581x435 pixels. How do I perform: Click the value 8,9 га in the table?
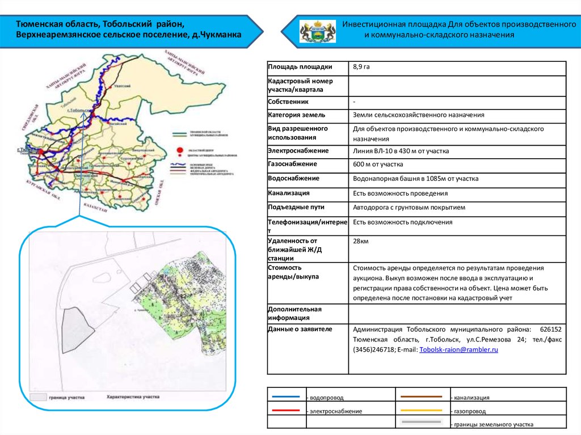tap(361, 67)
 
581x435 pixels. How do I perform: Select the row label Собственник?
tap(289, 102)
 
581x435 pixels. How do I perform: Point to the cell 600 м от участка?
tap(378, 164)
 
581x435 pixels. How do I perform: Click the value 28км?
tap(361, 242)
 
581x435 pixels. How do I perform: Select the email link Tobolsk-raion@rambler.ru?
tap(458, 350)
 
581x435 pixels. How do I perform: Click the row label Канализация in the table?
tap(289, 193)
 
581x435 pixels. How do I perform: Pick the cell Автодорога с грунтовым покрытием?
tap(409, 208)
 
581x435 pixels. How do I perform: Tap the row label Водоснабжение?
tap(294, 178)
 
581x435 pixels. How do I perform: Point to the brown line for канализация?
tap(422, 396)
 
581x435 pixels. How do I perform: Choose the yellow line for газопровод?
tap(422, 409)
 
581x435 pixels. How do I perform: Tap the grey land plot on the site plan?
tap(77, 332)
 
